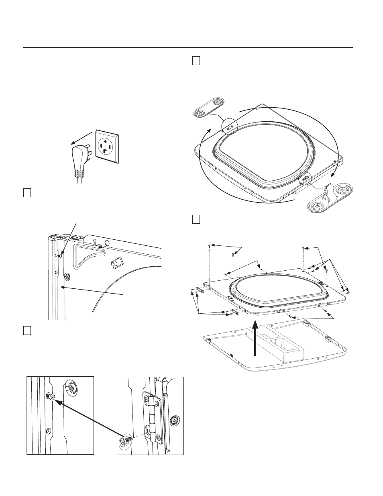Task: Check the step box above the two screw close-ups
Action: pos(27,330)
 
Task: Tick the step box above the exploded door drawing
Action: pos(196,219)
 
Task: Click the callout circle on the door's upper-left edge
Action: pos(228,125)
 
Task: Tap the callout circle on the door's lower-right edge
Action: pos(306,177)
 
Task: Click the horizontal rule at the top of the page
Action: pos(188,48)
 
